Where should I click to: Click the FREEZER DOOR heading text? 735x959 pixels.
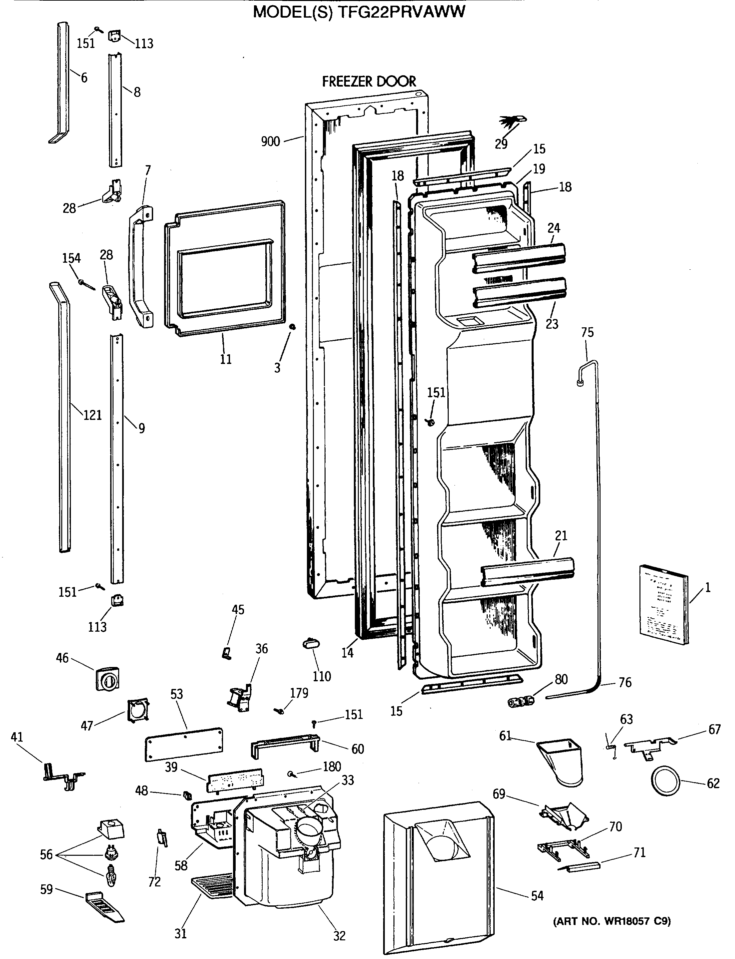(x=369, y=81)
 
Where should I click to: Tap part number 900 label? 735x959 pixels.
(x=270, y=142)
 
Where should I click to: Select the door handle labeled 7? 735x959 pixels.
(x=140, y=267)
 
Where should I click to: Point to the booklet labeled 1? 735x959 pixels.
(x=663, y=604)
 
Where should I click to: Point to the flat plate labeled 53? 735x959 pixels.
(x=184, y=744)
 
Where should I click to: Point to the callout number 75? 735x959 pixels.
(x=587, y=332)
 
